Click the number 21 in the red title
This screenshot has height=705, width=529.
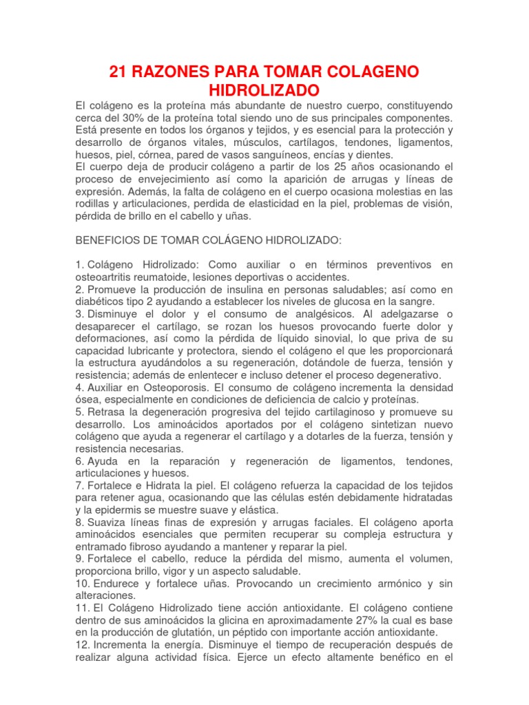click(x=121, y=72)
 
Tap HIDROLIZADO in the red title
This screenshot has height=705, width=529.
click(x=264, y=90)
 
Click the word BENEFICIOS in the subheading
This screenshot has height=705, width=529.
click(x=109, y=242)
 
